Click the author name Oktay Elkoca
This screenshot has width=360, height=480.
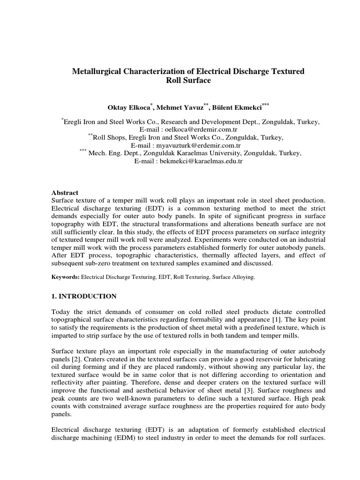128,106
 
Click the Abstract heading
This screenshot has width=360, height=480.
65,193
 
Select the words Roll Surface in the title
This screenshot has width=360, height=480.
187,81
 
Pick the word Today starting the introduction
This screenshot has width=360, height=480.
60,312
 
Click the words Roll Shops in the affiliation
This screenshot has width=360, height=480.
109,137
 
